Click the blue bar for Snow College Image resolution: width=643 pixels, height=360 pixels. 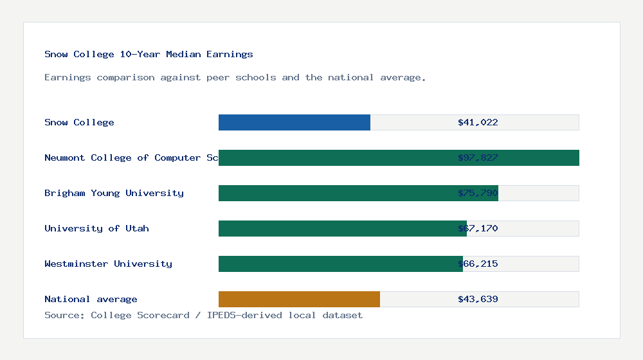294,122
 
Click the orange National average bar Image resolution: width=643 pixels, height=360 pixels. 299,299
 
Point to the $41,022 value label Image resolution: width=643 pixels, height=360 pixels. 478,122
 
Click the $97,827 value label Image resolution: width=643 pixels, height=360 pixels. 478,157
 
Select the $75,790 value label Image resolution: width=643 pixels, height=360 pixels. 478,193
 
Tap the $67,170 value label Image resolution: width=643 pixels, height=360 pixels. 478,228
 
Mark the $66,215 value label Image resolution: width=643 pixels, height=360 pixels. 478,264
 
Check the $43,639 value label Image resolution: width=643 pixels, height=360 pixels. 478,299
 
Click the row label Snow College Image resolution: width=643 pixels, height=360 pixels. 79,122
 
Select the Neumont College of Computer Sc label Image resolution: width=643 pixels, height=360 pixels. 131,157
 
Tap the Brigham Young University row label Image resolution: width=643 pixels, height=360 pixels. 114,193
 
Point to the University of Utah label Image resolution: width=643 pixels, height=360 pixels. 96,228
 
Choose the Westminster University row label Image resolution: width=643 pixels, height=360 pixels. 108,264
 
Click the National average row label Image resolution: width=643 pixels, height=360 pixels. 91,299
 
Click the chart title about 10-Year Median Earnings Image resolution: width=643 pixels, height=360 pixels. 149,54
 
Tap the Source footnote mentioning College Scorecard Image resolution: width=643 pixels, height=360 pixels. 203,315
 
